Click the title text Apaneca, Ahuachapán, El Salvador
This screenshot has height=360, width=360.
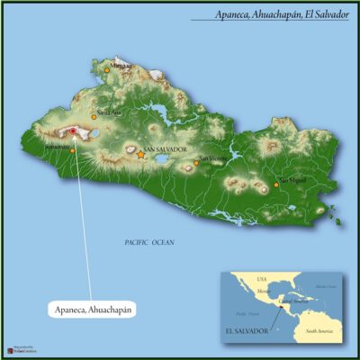coord(281,15)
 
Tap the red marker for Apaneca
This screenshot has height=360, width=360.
coord(74,132)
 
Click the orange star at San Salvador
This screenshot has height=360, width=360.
coord(140,155)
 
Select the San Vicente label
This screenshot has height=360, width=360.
coord(213,159)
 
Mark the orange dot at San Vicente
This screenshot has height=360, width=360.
coord(197,166)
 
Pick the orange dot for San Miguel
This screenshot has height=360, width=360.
coord(276,185)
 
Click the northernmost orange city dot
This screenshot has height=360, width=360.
coord(106,68)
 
